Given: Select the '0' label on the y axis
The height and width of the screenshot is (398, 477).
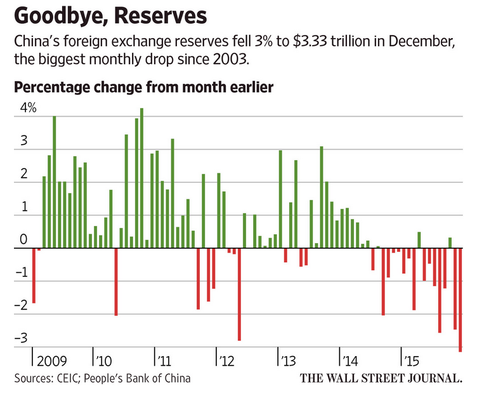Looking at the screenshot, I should [x=23, y=240].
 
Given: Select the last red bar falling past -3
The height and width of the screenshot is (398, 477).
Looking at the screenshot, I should [x=460, y=299].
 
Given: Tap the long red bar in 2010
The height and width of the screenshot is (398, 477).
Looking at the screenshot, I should [x=115, y=281].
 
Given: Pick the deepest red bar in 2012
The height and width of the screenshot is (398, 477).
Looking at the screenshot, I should [x=239, y=294].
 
